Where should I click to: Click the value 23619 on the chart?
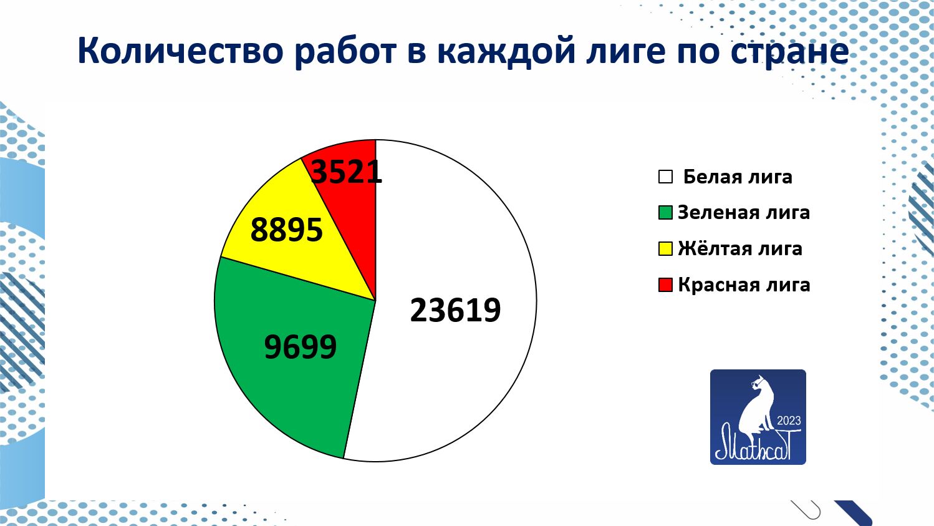tap(455, 310)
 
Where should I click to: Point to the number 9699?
tap(301, 347)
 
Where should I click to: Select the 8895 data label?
tap(286, 230)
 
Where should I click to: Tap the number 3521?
tap(347, 172)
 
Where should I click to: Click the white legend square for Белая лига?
tap(665, 177)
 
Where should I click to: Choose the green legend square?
tap(665, 213)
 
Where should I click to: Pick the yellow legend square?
tap(665, 248)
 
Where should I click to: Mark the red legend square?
tap(665, 285)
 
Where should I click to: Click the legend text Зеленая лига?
tap(744, 213)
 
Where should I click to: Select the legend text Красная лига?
tap(744, 285)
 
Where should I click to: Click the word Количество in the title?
tap(181, 51)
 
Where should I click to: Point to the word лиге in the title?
tap(625, 52)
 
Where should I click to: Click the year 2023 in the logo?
tap(789, 421)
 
